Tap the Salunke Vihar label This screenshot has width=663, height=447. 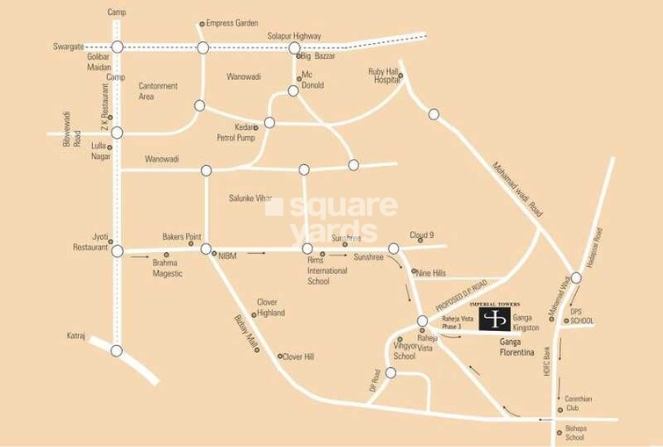250,198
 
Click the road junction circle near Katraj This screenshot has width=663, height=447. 117,350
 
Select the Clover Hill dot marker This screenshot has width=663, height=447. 278,357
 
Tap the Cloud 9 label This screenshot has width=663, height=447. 422,235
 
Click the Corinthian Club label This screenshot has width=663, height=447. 579,403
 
